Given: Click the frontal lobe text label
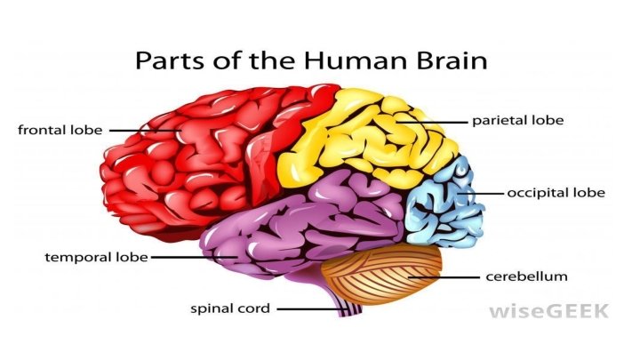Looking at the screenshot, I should [x=60, y=131].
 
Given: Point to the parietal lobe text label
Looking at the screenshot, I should [x=517, y=119].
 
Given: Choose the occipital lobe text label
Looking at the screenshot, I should [x=555, y=192].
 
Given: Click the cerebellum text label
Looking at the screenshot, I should [x=525, y=276].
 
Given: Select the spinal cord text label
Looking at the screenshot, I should [x=229, y=309].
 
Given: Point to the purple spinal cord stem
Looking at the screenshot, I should [x=347, y=307].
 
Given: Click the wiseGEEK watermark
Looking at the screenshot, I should [x=548, y=310].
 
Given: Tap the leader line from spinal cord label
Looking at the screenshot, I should [x=307, y=309].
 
